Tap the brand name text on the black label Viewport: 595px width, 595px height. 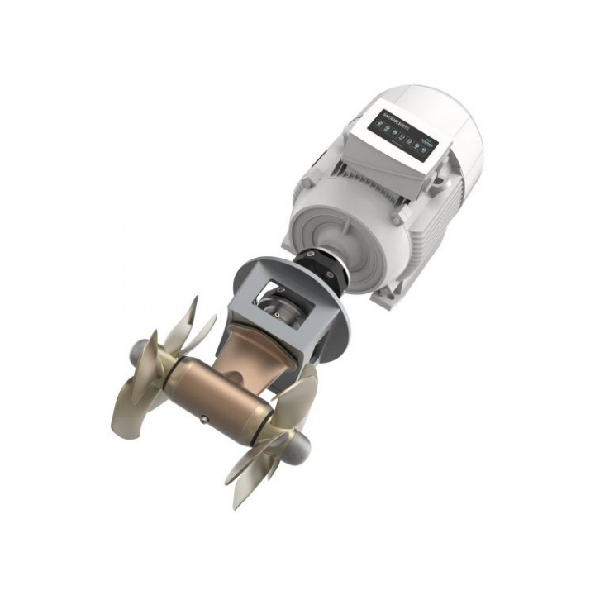396,115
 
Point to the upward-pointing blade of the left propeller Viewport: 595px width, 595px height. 186,318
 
